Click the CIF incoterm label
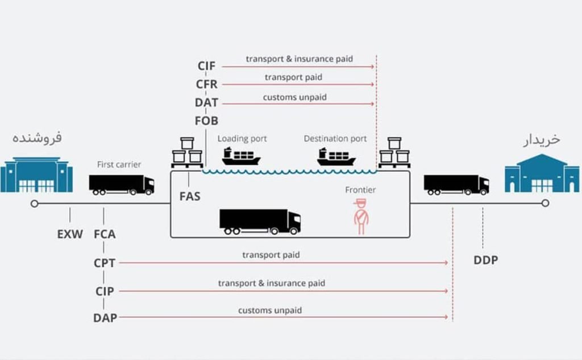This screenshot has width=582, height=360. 206,66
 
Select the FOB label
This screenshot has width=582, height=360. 206,121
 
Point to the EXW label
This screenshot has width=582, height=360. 70,234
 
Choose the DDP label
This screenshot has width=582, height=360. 485,260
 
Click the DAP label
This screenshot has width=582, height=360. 105,318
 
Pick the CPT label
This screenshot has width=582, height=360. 105,263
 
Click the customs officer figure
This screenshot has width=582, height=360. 360,216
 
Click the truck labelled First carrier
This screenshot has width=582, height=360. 121,184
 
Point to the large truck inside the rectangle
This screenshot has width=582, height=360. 260,221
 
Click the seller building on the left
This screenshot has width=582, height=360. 36,175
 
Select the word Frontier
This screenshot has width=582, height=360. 360,190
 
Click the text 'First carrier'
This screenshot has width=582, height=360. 119,164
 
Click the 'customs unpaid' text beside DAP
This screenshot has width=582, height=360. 270,311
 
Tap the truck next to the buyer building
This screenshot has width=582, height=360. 456,184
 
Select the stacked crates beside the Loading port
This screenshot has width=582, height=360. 187,152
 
